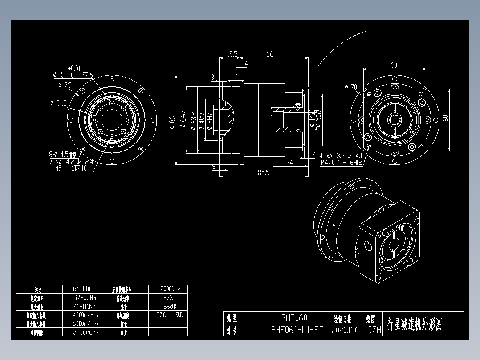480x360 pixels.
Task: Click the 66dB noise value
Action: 167,306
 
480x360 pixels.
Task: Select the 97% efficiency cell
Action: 167,298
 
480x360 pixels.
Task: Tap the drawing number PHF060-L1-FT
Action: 297,330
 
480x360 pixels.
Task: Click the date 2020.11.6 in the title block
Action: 345,330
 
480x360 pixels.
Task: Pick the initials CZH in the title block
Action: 374,330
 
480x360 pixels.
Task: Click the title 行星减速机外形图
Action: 415,324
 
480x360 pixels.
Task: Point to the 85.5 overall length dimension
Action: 264,172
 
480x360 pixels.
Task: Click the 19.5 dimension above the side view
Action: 232,54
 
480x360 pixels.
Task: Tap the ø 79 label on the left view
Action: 65,85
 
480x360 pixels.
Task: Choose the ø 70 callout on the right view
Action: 351,87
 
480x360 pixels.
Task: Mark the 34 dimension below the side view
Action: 289,162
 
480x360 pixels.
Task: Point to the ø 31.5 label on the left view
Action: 59,103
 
